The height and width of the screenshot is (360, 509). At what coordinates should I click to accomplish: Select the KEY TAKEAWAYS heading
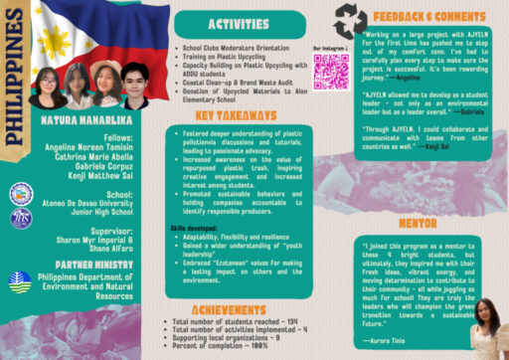tap(236, 115)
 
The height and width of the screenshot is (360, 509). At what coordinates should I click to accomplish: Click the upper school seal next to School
tap(21, 194)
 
